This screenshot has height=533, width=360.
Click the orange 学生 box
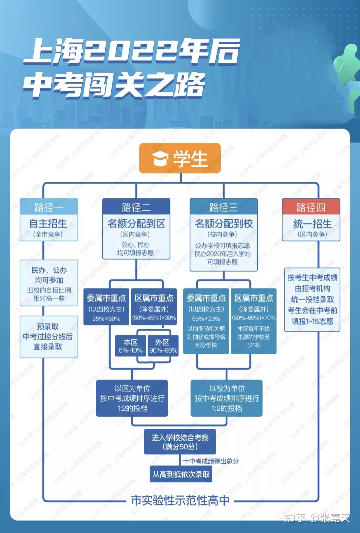(x=180, y=158)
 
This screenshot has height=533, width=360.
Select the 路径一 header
(x=49, y=207)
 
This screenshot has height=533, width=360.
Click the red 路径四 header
(x=311, y=207)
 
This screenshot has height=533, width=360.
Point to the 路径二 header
(x=136, y=207)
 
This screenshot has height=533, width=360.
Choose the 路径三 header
(x=223, y=207)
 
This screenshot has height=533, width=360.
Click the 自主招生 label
(x=48, y=224)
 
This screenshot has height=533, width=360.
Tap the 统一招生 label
(x=312, y=224)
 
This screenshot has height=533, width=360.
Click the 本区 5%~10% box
(x=130, y=346)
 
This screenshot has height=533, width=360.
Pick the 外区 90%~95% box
(x=163, y=346)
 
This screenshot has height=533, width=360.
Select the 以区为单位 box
(x=132, y=398)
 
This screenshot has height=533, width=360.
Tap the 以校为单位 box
(x=227, y=398)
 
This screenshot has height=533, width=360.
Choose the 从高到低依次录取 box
(x=181, y=474)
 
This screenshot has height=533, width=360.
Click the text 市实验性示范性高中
(x=180, y=500)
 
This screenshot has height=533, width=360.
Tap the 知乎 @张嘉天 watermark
(x=317, y=518)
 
